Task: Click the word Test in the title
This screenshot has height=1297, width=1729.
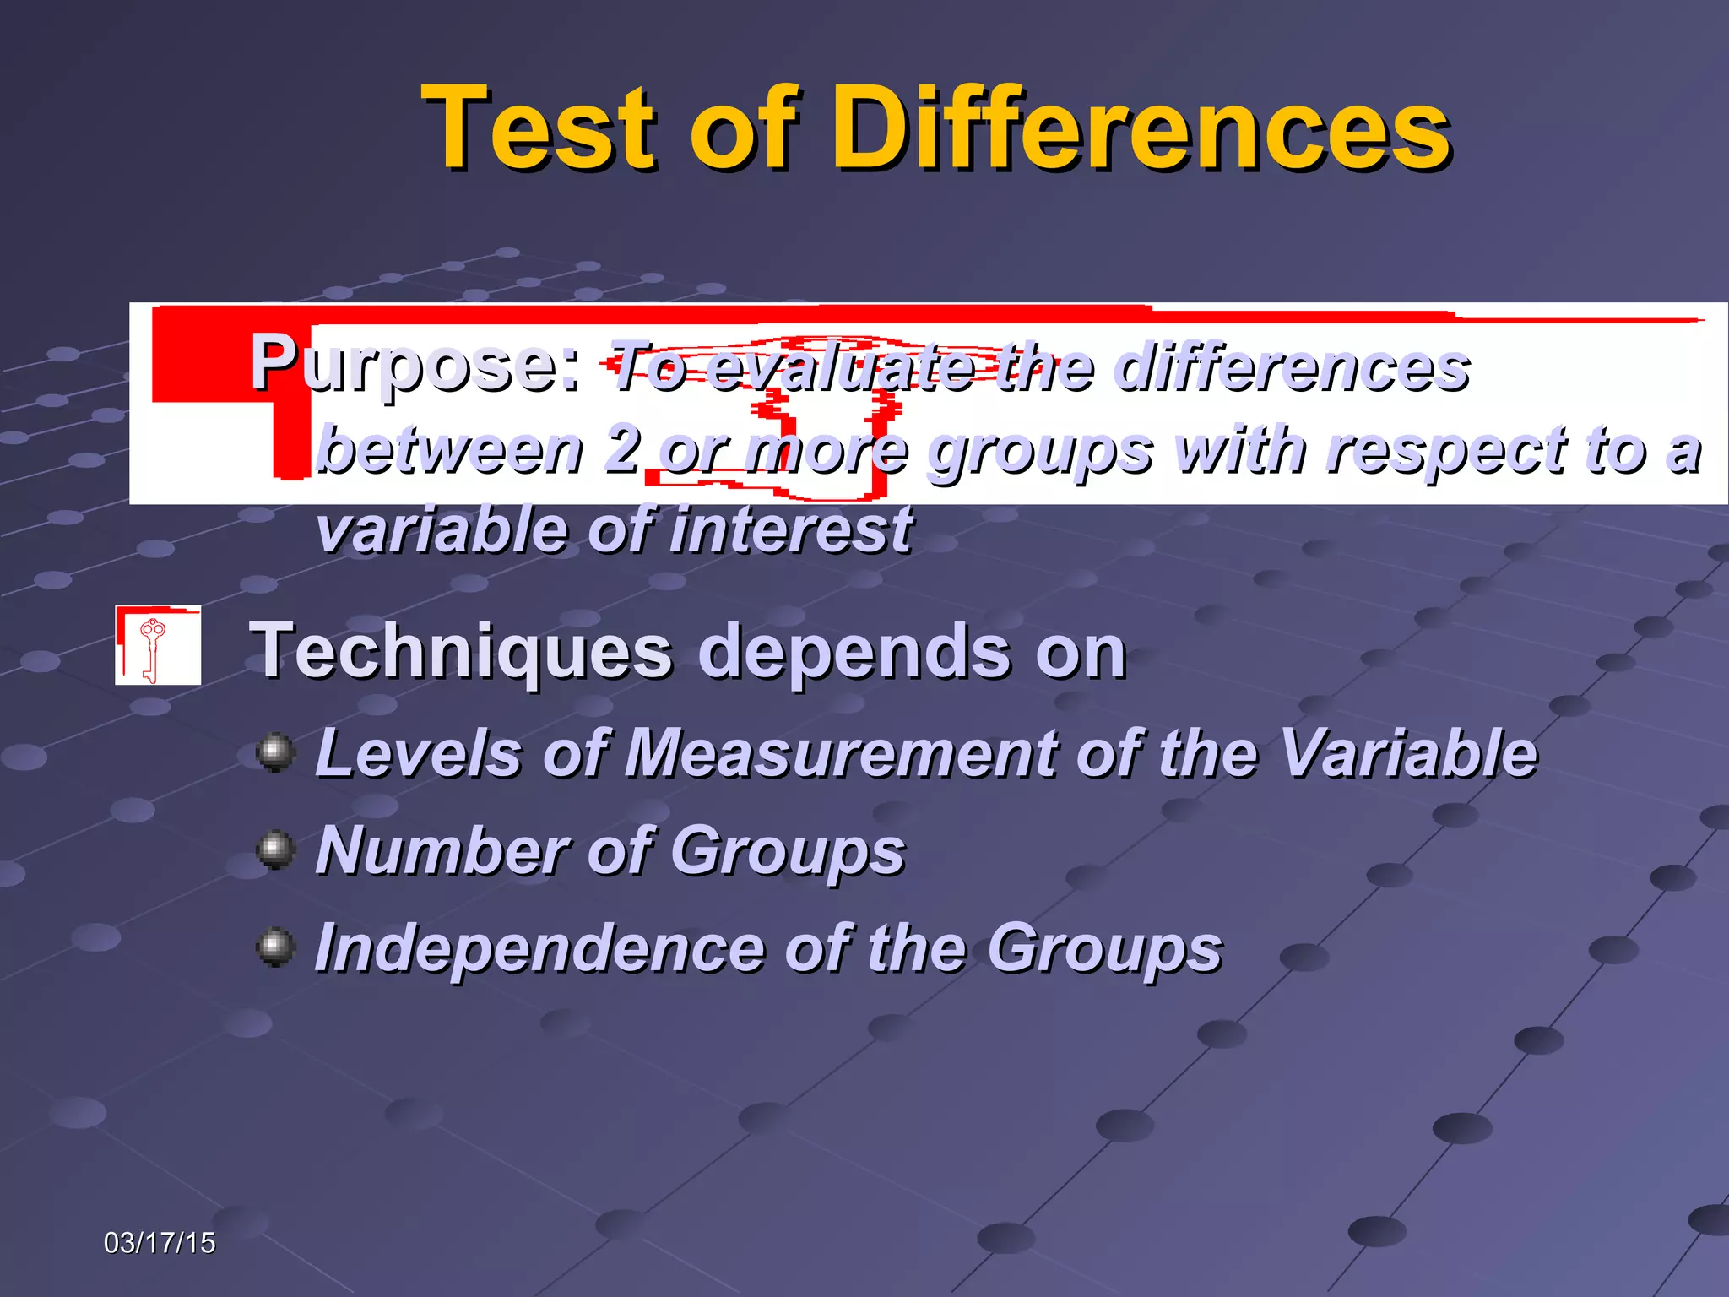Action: [x=540, y=128]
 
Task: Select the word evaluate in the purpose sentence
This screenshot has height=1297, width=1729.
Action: [x=840, y=368]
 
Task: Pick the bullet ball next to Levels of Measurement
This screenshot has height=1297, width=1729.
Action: [x=275, y=752]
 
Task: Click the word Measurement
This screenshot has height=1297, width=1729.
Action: [x=840, y=753]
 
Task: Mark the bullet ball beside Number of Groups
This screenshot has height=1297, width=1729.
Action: [x=275, y=849]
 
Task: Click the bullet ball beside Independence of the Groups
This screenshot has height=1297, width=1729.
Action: [x=275, y=947]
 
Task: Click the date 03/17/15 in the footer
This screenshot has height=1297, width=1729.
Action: [x=160, y=1243]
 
